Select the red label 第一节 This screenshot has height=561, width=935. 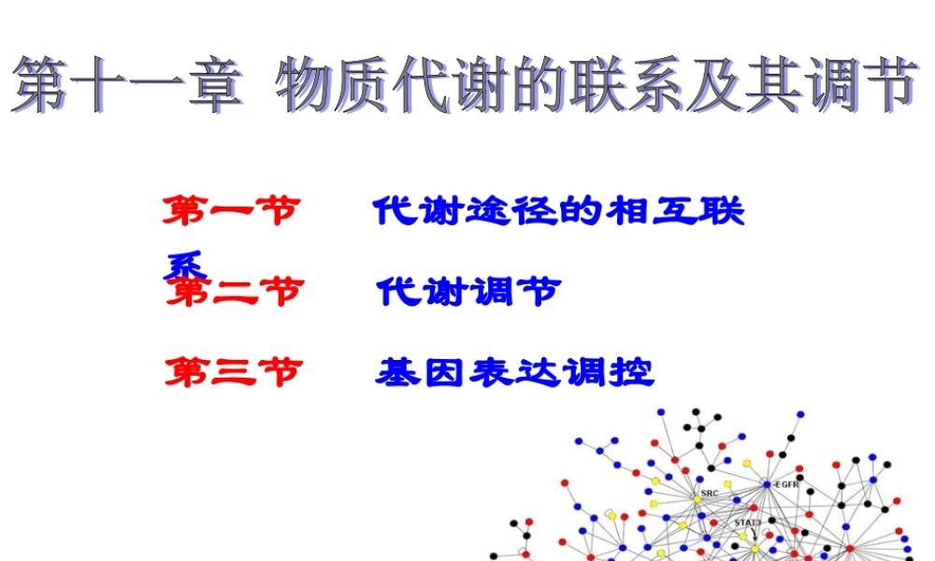(230, 211)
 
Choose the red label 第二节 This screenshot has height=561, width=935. (234, 293)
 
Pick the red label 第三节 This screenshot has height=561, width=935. (234, 373)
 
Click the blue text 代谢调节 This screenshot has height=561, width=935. (467, 293)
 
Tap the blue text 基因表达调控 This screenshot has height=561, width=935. (514, 373)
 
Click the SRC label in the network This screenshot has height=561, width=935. (709, 493)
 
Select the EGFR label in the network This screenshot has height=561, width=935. (787, 484)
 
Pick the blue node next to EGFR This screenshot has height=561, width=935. (767, 484)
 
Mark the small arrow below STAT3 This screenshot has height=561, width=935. (753, 535)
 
